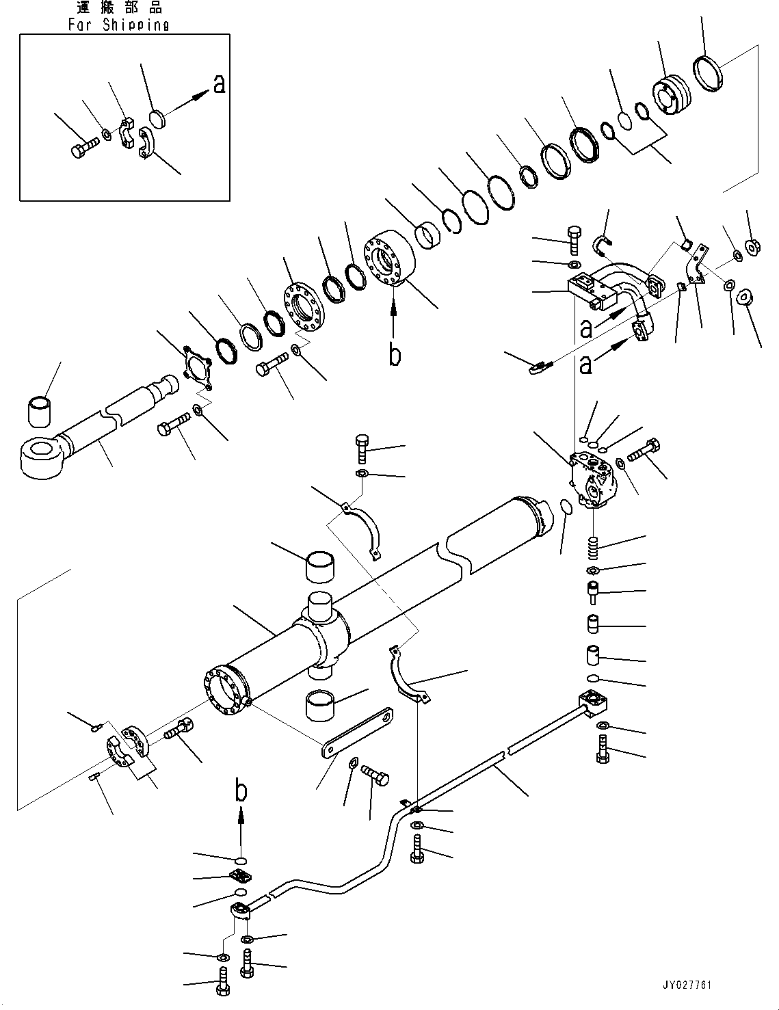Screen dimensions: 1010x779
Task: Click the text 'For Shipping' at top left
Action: (118, 25)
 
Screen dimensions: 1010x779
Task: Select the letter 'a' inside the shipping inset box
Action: (219, 83)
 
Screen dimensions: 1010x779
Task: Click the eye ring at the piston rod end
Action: (41, 457)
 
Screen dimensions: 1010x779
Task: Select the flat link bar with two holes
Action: (359, 732)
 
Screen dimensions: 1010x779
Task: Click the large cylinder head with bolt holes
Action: (389, 256)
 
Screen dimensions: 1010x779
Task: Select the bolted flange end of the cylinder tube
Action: (222, 692)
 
